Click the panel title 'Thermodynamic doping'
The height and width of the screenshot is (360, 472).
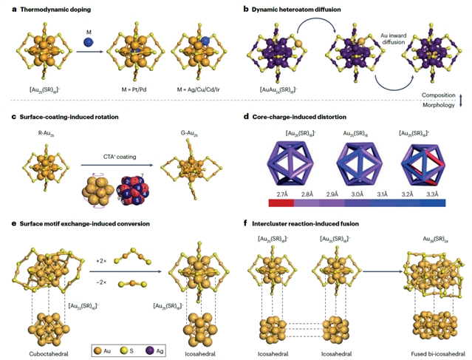tap(51, 9)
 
